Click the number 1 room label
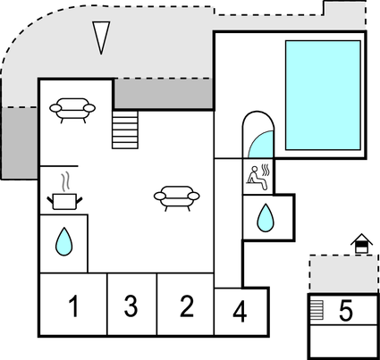pos(72,307)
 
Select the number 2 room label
pos(186,306)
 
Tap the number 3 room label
pos(131,307)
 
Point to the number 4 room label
pos(240,313)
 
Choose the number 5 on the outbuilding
pos(346,311)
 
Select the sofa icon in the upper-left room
pos(72,107)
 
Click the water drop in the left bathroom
pos(63,240)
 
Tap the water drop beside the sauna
pos(265,216)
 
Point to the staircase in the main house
pos(126,130)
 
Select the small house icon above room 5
pos(360,242)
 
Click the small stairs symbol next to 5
pos(317,309)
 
